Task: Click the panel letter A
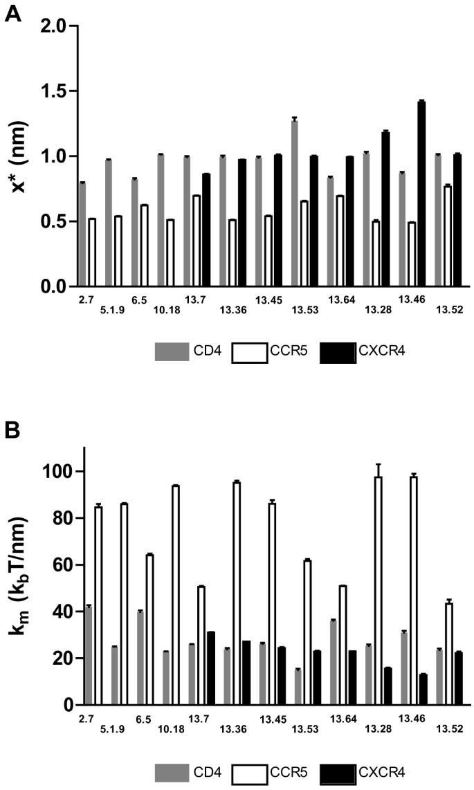click(12, 13)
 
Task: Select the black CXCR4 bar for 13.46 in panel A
click(421, 194)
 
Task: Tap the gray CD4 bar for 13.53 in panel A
click(295, 203)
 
